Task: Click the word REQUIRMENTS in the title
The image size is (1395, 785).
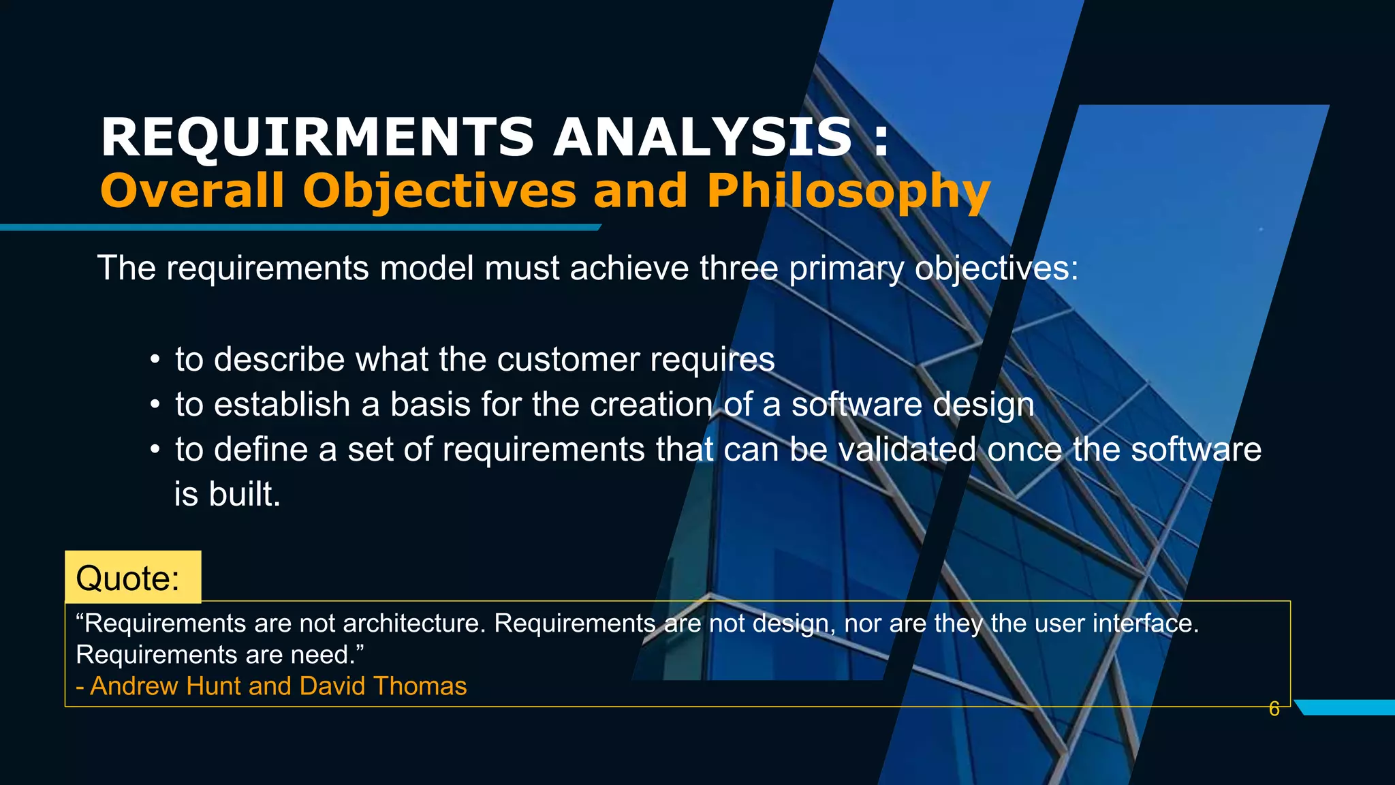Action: point(317,138)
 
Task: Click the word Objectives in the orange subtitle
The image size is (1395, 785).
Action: point(440,191)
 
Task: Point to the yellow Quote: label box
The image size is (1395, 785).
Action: point(133,577)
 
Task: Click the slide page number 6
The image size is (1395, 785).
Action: point(1274,709)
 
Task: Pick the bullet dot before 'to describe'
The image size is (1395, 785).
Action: point(155,360)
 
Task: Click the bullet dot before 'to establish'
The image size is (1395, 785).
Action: point(155,405)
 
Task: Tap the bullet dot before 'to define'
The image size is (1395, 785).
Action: point(155,450)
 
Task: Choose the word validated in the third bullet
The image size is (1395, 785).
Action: point(907,450)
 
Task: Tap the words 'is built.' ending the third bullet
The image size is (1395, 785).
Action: point(228,494)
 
